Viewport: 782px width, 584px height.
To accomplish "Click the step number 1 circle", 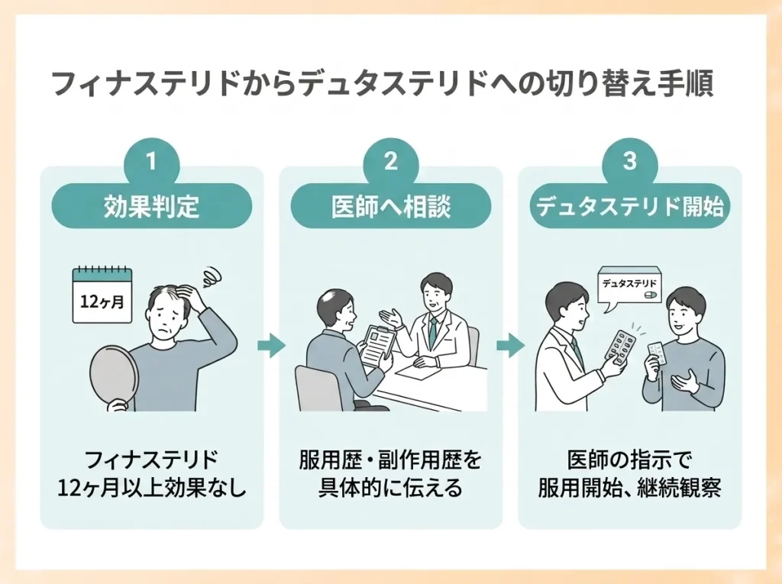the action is click(151, 162).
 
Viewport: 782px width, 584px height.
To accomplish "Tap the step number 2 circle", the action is click(390, 162).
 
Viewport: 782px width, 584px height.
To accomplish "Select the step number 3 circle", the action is click(630, 162).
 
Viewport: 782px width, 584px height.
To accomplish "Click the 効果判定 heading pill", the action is click(152, 206).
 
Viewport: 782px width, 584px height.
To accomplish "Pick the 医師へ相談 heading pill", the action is click(391, 206).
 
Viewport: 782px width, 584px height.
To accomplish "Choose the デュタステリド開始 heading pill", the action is click(630, 206).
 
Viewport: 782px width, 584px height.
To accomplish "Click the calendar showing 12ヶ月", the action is click(103, 295).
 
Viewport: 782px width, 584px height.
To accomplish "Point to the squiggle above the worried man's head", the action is click(212, 276).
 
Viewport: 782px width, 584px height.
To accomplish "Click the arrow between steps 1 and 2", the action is click(271, 346).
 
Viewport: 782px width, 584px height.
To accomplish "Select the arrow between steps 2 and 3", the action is click(511, 346).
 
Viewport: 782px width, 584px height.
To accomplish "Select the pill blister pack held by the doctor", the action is click(620, 345).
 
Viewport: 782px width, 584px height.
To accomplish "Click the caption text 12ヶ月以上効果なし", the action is click(152, 489).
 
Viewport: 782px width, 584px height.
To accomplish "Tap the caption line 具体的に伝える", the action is click(391, 489).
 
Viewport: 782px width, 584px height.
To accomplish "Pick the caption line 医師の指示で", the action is click(630, 460).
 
